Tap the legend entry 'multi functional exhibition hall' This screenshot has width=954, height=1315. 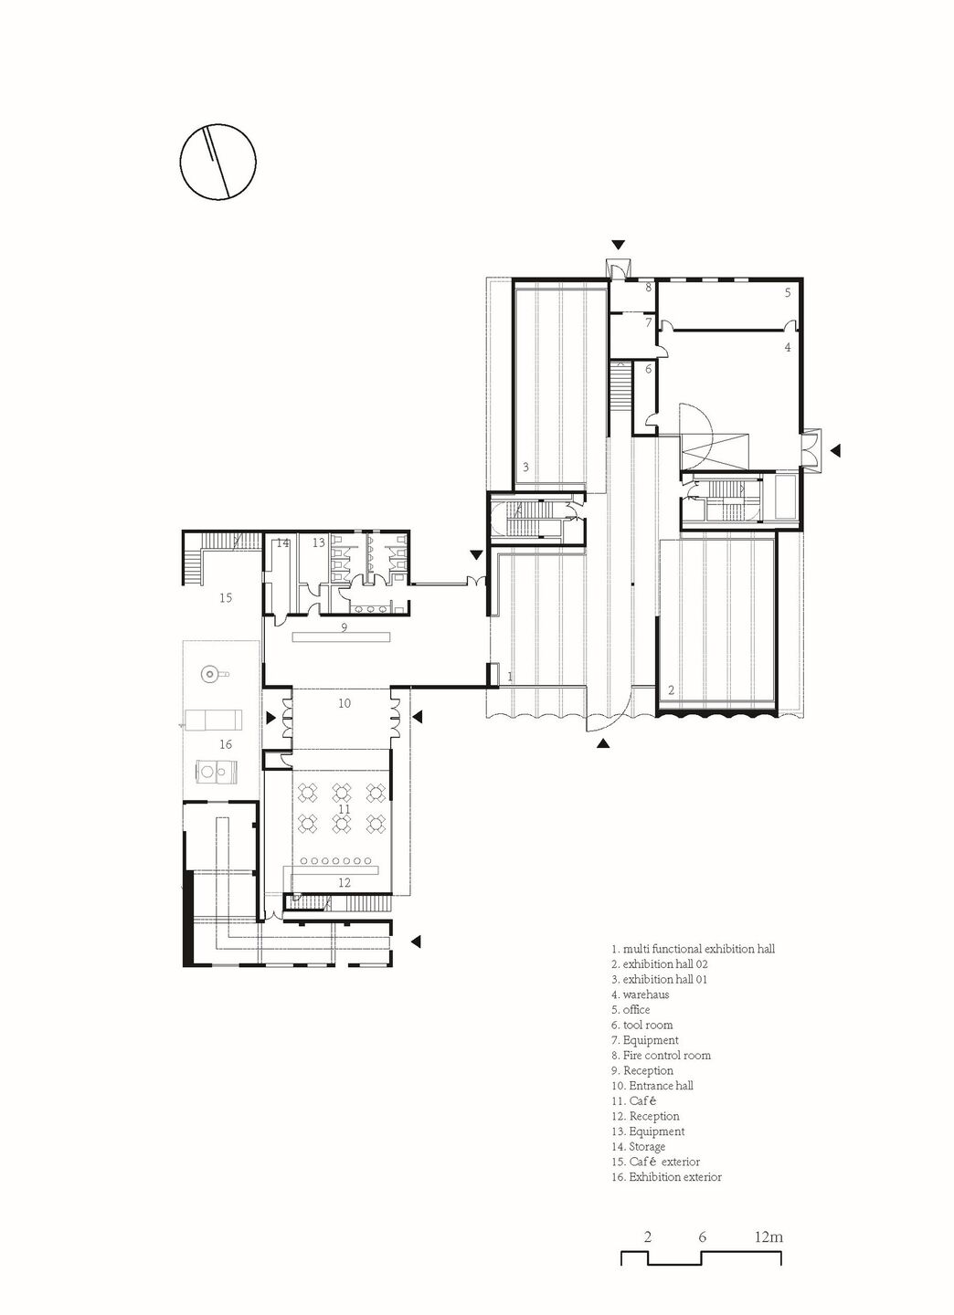pos(698,949)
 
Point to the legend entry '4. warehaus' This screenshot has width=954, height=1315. pos(640,994)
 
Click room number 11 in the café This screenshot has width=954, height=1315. pos(344,809)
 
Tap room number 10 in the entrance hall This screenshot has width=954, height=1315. pos(344,703)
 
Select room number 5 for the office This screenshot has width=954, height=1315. pos(788,292)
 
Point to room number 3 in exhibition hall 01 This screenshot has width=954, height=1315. pos(525,468)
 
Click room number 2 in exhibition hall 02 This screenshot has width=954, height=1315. pos(671,690)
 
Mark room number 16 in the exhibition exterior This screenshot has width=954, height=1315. pos(226,744)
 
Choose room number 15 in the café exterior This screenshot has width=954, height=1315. pos(226,597)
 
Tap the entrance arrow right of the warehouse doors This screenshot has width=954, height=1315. pos(835,450)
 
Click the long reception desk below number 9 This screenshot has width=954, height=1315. pos(343,636)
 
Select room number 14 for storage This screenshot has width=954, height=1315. pos(282,543)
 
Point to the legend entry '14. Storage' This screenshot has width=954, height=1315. pos(638,1147)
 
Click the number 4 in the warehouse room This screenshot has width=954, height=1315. pos(788,347)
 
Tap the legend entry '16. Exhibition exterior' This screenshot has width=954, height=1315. pos(666,1178)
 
